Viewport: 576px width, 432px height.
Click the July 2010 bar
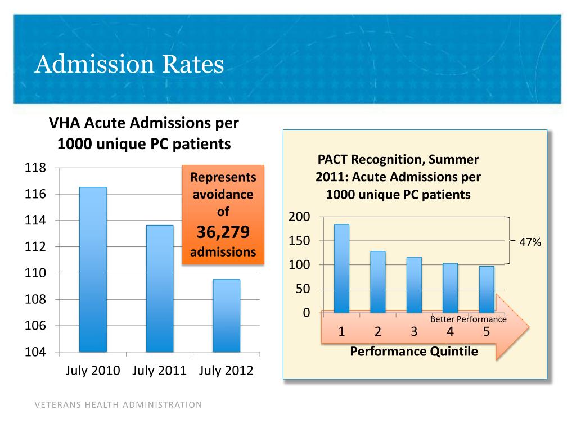click(93, 269)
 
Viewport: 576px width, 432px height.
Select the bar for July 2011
click(160, 289)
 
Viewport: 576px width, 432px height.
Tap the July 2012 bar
click(227, 316)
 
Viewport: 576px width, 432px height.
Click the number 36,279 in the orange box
click(223, 232)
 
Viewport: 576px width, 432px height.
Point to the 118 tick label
click(35, 168)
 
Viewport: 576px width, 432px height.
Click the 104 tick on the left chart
click(35, 352)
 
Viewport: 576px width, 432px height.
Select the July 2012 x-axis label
click(226, 370)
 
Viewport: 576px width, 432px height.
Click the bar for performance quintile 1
click(341, 268)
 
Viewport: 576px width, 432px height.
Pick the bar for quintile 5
click(487, 290)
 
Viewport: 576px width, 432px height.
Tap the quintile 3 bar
click(414, 285)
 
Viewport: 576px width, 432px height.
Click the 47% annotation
click(530, 242)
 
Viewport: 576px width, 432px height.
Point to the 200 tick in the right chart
click(299, 217)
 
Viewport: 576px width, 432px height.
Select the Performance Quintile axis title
click(414, 352)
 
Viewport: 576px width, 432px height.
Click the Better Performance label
click(469, 319)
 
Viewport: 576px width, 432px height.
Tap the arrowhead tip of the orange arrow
click(529, 326)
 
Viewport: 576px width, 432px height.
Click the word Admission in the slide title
click(94, 64)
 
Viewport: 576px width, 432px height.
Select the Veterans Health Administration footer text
click(118, 405)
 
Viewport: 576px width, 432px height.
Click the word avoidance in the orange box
click(223, 194)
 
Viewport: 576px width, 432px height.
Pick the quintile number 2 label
click(377, 331)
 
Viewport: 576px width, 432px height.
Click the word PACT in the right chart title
click(332, 159)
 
